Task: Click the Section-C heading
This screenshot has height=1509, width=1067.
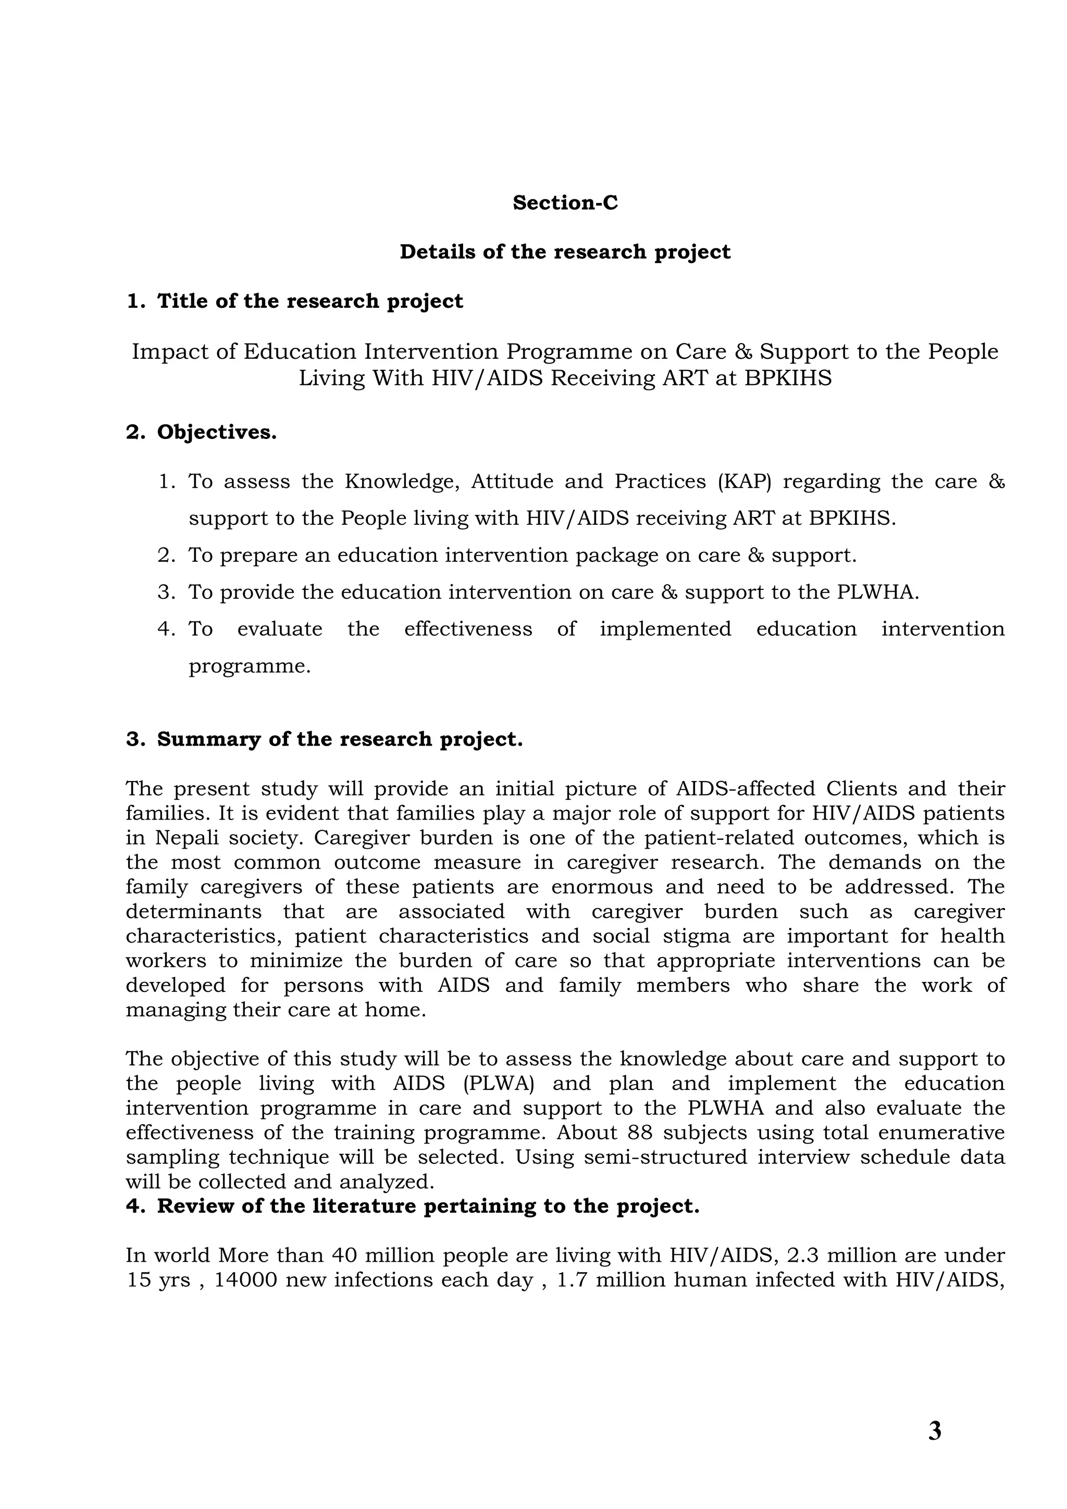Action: tap(565, 203)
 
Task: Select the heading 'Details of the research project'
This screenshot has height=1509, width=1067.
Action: tap(565, 253)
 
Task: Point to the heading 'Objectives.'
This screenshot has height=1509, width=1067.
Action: tap(216, 433)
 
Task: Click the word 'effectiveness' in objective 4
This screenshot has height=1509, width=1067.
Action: tap(467, 629)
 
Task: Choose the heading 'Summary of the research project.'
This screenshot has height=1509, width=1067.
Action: tap(339, 739)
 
